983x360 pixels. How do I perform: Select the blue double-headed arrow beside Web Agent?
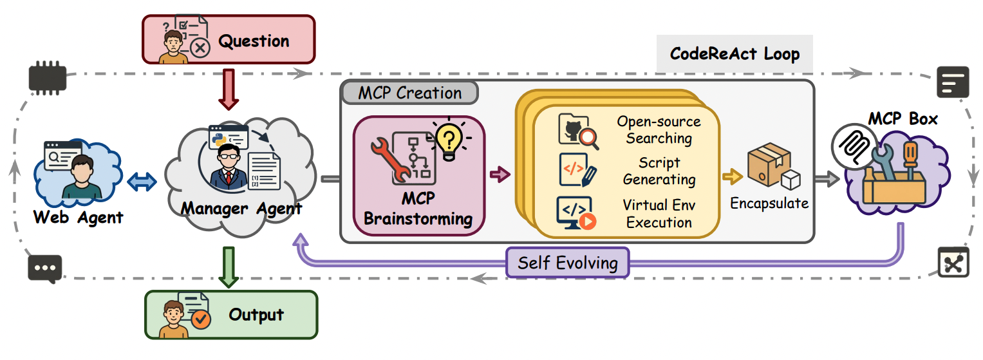coord(142,183)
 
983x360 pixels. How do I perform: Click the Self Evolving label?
coord(567,263)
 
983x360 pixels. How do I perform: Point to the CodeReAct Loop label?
coord(735,53)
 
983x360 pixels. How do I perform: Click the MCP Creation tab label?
coord(409,93)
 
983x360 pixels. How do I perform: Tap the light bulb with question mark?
coord(450,138)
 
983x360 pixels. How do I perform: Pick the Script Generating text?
coord(659,171)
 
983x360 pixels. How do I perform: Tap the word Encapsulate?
coord(769,204)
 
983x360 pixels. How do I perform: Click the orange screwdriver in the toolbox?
coord(910,160)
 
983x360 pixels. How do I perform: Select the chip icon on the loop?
coord(48,79)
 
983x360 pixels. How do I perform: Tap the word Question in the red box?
coord(254,42)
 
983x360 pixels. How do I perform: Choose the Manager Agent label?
coord(241,209)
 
